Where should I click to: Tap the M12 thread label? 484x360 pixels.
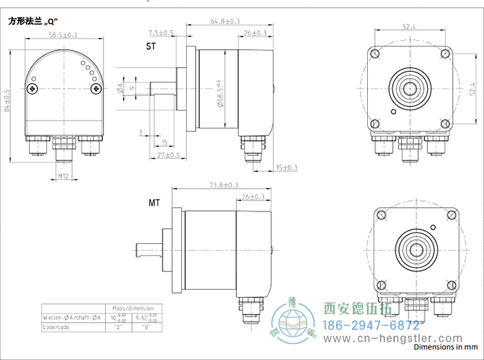click(63, 177)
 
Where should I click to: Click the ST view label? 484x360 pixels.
click(151, 46)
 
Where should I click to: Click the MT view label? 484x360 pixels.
click(153, 203)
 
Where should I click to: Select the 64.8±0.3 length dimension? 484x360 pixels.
click(225, 21)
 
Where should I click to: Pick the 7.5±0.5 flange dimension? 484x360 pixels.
click(161, 33)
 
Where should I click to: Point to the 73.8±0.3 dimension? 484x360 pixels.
click(223, 184)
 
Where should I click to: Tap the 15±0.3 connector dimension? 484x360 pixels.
click(286, 168)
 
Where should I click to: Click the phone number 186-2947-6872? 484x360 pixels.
click(371, 324)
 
